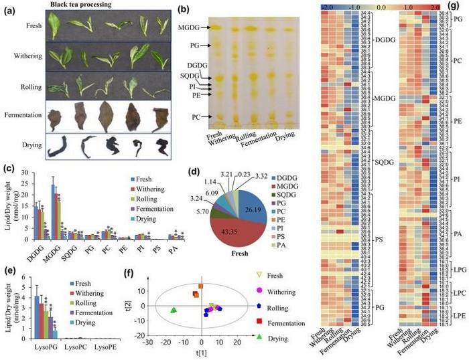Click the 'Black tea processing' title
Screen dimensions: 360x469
(x=90, y=4)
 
